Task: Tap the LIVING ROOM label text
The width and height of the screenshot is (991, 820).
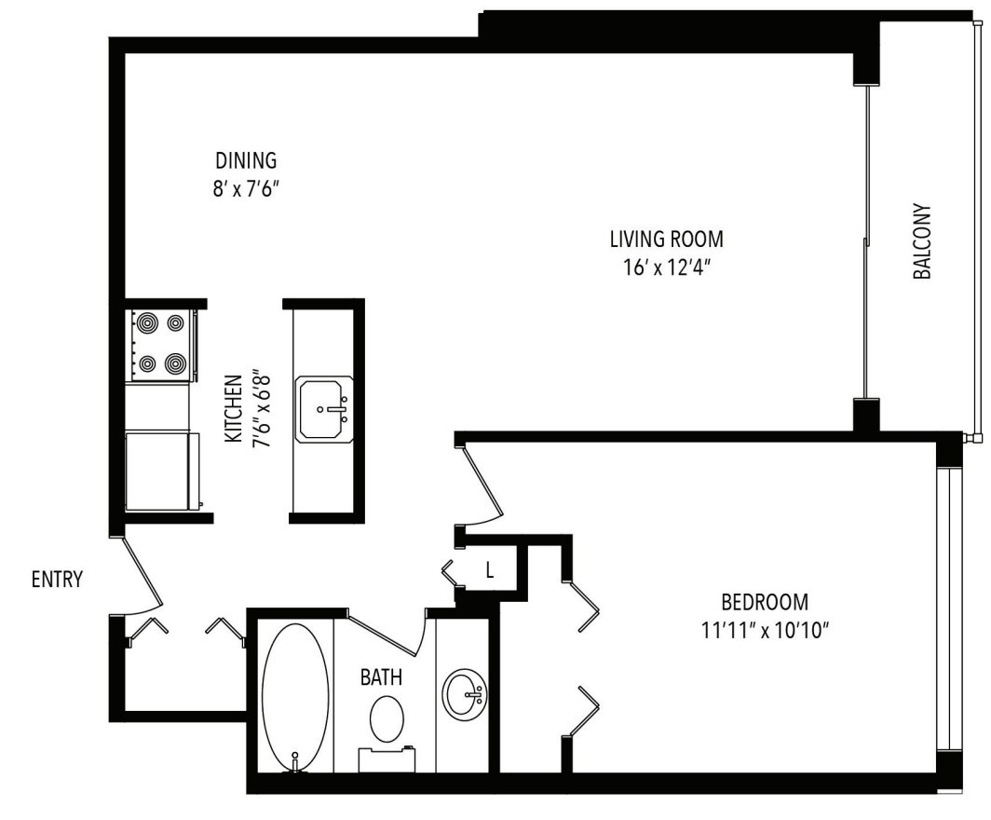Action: (x=666, y=239)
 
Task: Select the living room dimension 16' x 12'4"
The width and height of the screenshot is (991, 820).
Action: (x=666, y=267)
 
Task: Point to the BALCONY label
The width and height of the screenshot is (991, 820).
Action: (x=921, y=242)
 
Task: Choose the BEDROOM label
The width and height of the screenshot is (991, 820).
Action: (x=765, y=601)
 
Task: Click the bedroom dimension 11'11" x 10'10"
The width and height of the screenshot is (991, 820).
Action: (x=765, y=629)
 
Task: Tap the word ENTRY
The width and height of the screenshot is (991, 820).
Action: (x=57, y=580)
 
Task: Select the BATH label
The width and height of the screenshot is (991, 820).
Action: (x=382, y=677)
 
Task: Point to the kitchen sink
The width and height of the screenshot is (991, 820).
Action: (x=323, y=409)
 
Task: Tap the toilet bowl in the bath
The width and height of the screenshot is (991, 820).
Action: (x=387, y=719)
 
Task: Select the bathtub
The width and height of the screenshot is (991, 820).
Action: (x=294, y=694)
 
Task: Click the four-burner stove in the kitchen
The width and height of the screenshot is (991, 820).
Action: (x=160, y=344)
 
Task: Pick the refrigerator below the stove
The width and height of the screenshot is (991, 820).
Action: (x=160, y=470)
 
